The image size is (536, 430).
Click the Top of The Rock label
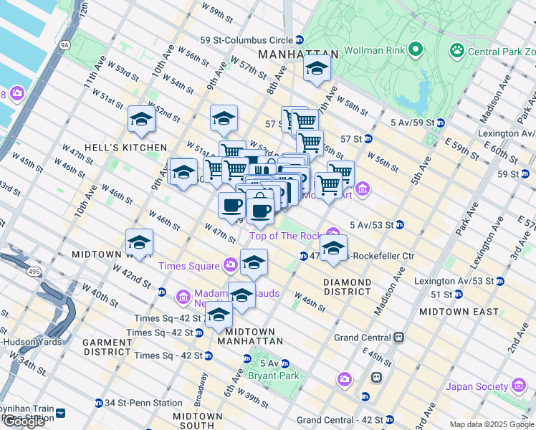pos(285,236)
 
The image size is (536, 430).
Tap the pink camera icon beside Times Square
pos(230,265)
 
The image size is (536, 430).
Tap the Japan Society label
pos(476,386)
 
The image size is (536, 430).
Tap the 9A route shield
pos(67,44)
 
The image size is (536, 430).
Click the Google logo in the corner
pos(23,421)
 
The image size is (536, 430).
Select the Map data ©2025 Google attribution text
pos(491,424)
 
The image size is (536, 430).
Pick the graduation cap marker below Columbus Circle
pos(315,69)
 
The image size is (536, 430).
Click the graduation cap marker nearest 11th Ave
pos(141,119)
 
